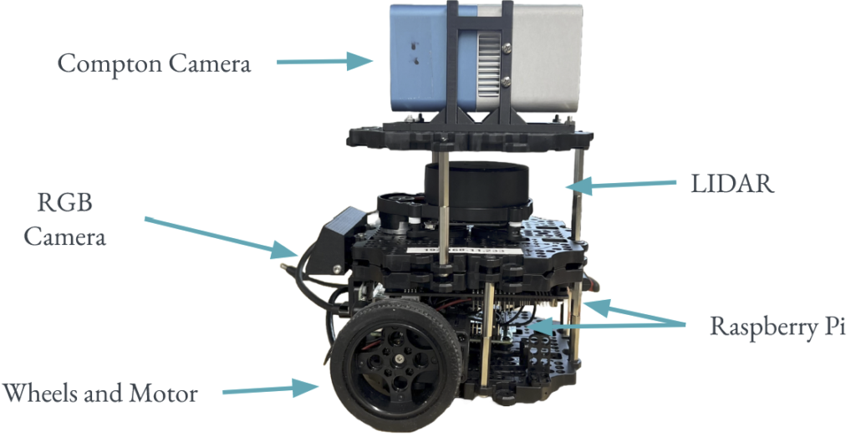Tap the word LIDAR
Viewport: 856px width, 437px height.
click(732, 184)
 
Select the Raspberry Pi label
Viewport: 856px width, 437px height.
click(777, 326)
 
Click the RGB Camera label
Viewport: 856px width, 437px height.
click(65, 220)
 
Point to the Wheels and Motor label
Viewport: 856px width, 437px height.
click(100, 393)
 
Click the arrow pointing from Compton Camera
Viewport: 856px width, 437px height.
click(325, 61)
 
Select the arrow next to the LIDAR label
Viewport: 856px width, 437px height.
click(620, 185)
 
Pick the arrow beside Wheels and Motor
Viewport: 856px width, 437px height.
click(271, 389)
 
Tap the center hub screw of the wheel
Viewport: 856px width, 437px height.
click(399, 358)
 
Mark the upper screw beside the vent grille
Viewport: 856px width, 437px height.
click(507, 48)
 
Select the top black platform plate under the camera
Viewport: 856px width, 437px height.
click(470, 136)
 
